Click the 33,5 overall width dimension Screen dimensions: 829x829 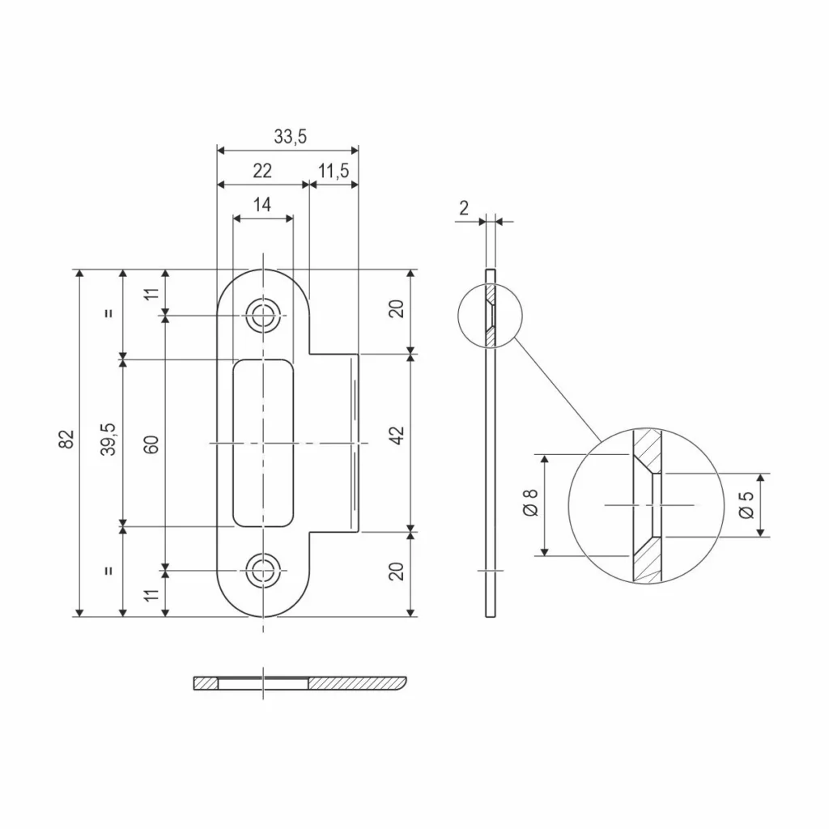pyautogui.click(x=289, y=137)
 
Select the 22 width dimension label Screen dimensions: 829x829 pyautogui.click(x=261, y=171)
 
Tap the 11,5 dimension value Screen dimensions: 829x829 pyautogui.click(x=334, y=171)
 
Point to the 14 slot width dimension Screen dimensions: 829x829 pyautogui.click(x=261, y=205)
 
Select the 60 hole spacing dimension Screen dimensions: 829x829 pyautogui.click(x=152, y=443)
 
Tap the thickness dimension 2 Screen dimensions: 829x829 pyautogui.click(x=463, y=208)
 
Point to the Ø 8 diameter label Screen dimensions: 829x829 pyautogui.click(x=530, y=504)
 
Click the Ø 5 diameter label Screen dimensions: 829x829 pyautogui.click(x=746, y=504)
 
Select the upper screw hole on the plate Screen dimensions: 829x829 pyautogui.click(x=261, y=315)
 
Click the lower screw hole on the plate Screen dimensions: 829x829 pyautogui.click(x=261, y=570)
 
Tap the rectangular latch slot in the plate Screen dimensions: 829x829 pyautogui.click(x=262, y=443)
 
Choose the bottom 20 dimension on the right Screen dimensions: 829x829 pyautogui.click(x=397, y=572)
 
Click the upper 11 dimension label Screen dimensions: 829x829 pyautogui.click(x=152, y=291)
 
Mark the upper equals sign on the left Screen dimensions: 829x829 pyautogui.click(x=109, y=314)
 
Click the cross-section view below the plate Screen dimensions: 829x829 pyautogui.click(x=300, y=683)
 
